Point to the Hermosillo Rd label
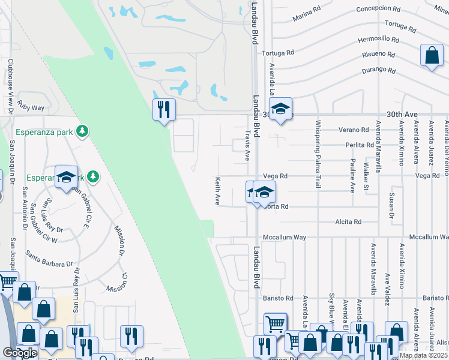(x=378, y=39)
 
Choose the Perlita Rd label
(x=360, y=145)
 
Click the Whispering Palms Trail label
(x=318, y=155)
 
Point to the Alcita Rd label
(x=348, y=221)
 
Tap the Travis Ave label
(x=247, y=146)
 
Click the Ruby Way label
(x=31, y=107)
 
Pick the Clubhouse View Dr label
(x=11, y=85)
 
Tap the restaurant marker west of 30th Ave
(x=163, y=109)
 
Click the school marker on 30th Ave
(x=280, y=109)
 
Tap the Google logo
(x=20, y=353)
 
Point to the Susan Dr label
(x=391, y=205)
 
